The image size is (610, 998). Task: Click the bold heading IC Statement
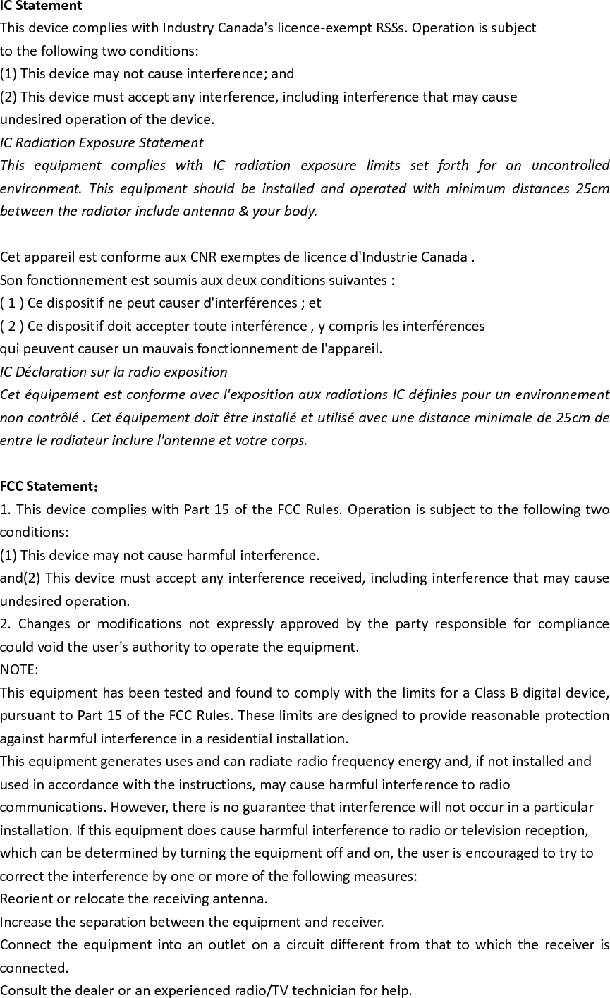pyautogui.click(x=41, y=6)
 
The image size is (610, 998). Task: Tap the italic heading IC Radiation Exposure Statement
pyautogui.click(x=102, y=142)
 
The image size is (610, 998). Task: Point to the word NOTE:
pyautogui.click(x=19, y=669)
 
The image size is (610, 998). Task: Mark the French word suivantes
pyautogui.click(x=360, y=280)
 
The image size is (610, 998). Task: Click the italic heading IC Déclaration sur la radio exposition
pyautogui.click(x=114, y=372)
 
